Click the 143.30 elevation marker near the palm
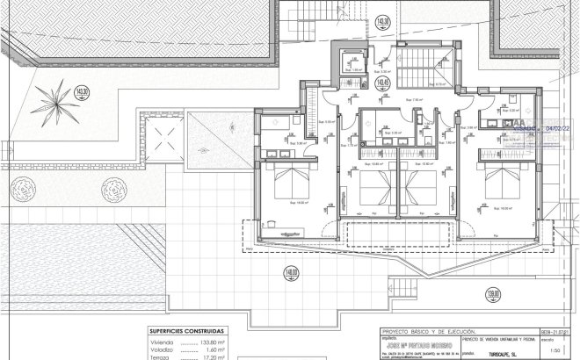pyautogui.click(x=83, y=90)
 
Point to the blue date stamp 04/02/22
pyautogui.click(x=562, y=127)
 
